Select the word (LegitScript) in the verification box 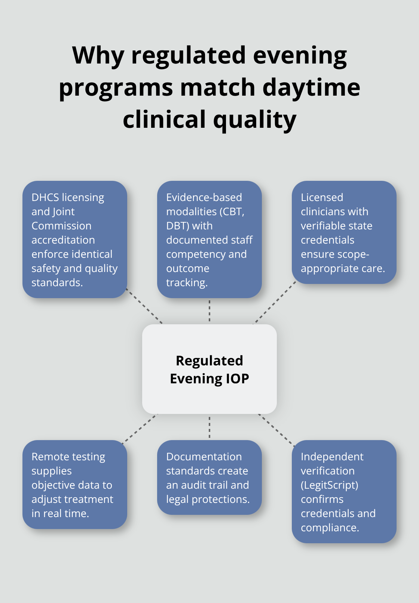pyautogui.click(x=329, y=485)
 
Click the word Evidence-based pyautogui.click(x=204, y=197)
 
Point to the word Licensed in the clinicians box pyautogui.click(x=322, y=197)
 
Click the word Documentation pyautogui.click(x=204, y=457)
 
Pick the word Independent pyautogui.click(x=332, y=457)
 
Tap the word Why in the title pyautogui.click(x=98, y=55)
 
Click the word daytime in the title pyautogui.click(x=311, y=87)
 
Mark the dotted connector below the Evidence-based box pyautogui.click(x=209, y=311)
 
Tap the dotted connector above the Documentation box pyautogui.click(x=209, y=427)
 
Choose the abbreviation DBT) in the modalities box pyautogui.click(x=178, y=226)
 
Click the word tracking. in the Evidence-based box pyautogui.click(x=187, y=282)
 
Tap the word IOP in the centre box pyautogui.click(x=237, y=378)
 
